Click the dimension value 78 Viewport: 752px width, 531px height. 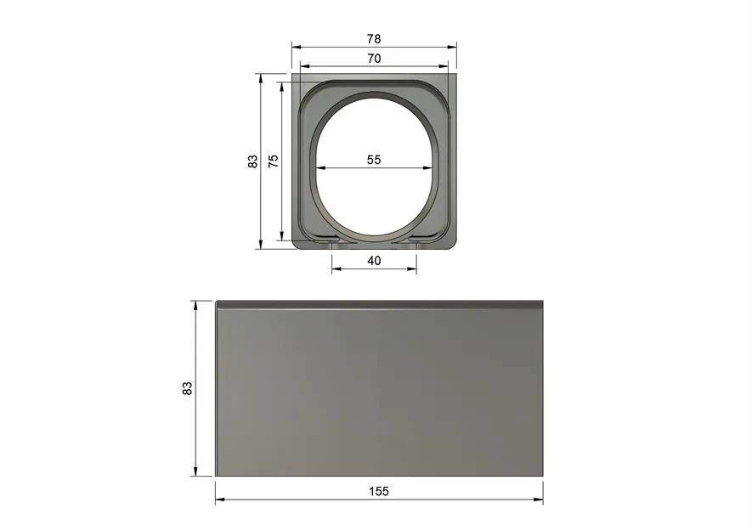click(x=374, y=38)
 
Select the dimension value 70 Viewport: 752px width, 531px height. click(x=374, y=58)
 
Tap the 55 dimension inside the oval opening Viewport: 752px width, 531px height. click(x=374, y=159)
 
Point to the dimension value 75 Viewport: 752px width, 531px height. click(x=273, y=161)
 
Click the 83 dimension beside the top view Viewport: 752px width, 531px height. click(x=252, y=161)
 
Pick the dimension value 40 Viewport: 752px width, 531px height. click(x=374, y=260)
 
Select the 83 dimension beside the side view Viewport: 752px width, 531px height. click(x=187, y=387)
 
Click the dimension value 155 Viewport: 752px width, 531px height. click(x=379, y=491)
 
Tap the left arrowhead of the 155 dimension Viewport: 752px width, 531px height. click(x=218, y=500)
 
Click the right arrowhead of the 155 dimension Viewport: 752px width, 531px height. click(x=540, y=500)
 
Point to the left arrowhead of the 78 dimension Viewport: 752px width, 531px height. click(x=296, y=47)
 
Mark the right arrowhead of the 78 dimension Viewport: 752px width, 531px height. click(x=453, y=47)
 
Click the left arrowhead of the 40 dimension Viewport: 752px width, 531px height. click(x=335, y=269)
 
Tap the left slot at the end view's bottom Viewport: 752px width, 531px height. click(x=331, y=241)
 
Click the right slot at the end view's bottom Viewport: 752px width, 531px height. click(x=416, y=241)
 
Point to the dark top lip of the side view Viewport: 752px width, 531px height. click(x=379, y=303)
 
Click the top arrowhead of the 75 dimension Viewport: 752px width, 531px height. click(x=281, y=85)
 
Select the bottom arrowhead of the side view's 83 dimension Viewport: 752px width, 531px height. click(x=196, y=472)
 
